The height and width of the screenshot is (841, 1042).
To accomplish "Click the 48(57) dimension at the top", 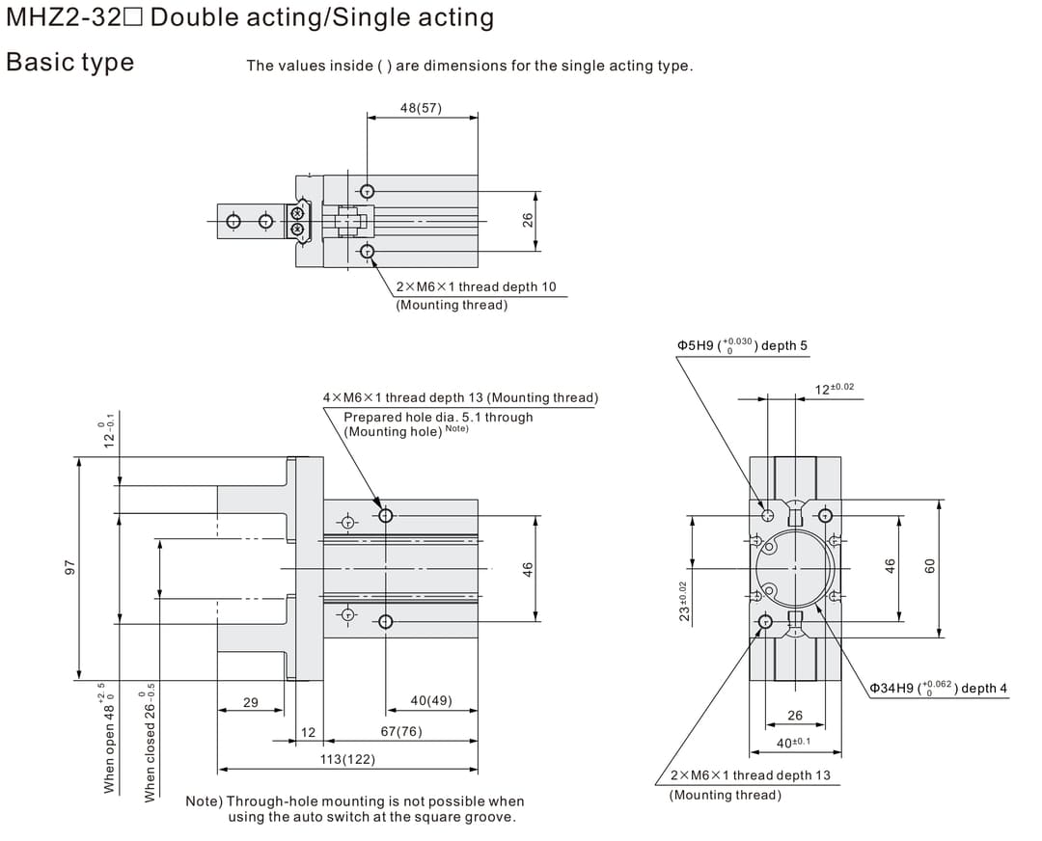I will (421, 108).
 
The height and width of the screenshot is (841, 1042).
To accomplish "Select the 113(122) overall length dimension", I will (347, 759).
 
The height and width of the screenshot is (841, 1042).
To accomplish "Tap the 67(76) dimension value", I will (400, 732).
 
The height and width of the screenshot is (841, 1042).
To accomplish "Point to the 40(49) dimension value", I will (430, 701).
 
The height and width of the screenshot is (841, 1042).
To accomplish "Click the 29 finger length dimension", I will (251, 702).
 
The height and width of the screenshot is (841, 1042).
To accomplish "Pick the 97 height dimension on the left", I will (69, 569).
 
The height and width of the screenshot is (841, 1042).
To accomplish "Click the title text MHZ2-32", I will (68, 17).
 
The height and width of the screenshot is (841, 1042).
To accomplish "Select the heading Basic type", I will (70, 62).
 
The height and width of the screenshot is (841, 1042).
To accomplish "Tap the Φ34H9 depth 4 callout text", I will (938, 688).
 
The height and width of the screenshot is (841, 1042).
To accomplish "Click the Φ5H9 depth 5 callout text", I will (742, 344).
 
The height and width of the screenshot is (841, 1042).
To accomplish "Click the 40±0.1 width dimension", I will (794, 742).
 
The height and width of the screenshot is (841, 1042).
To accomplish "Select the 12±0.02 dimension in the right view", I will (834, 388).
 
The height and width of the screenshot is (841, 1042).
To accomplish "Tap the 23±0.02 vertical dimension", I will (683, 601).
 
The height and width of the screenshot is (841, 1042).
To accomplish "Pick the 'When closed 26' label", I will (150, 745).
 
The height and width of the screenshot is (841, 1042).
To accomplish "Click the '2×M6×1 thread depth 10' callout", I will (476, 286).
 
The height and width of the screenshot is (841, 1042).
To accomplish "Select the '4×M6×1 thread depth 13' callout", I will (460, 397).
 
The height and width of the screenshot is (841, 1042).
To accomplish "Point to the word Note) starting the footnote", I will (204, 801).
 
